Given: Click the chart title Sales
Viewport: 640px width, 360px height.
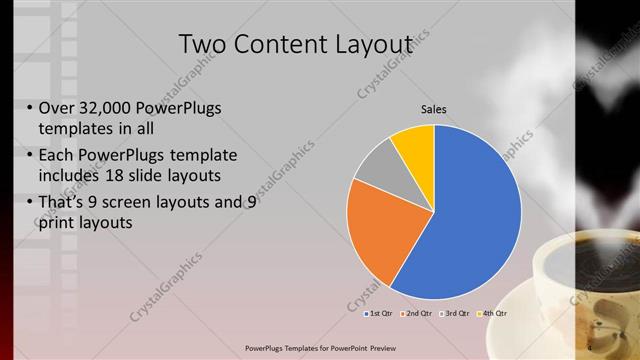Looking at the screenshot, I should click(433, 109).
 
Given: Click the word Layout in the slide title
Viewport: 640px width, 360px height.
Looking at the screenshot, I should click(364, 45).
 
